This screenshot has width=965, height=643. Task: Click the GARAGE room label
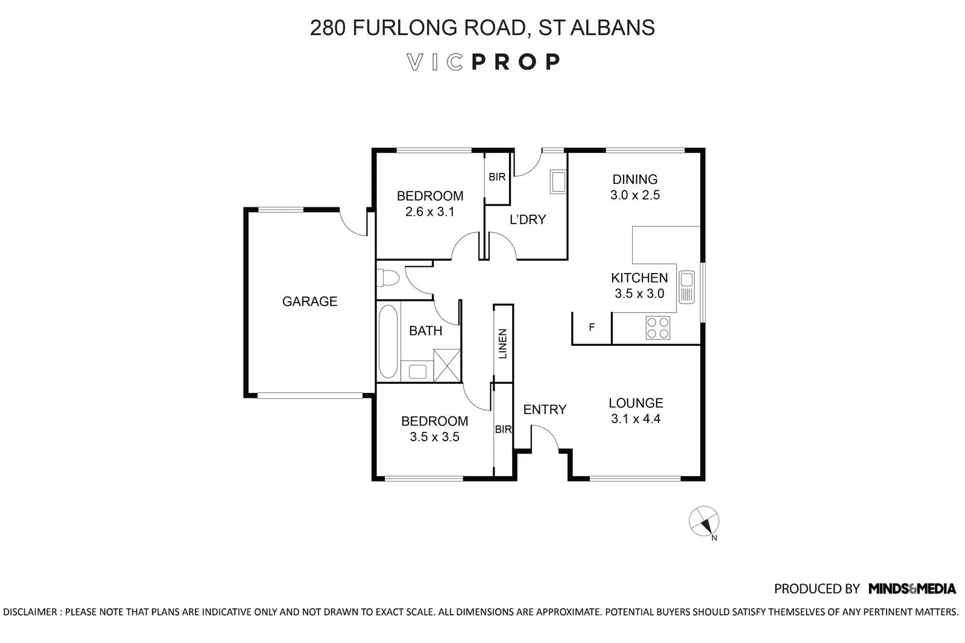coord(309,301)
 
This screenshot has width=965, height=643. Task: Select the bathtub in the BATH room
coord(388,342)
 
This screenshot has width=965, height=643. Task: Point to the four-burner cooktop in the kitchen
coord(657,327)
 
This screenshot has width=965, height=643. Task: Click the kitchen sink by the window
coord(686,287)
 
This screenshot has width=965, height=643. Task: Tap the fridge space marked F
coord(592,328)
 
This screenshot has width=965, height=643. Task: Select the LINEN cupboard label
coord(503,344)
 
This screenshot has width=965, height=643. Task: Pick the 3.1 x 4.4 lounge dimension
coord(636,419)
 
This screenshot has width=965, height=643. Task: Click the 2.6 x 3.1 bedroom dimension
coord(429,212)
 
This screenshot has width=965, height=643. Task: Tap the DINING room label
coord(634,179)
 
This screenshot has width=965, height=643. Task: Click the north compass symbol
coord(704,521)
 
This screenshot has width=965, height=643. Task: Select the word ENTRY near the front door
coord(545,410)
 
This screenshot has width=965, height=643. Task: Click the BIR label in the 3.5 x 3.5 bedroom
coord(503,430)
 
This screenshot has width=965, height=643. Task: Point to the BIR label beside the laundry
coord(497,177)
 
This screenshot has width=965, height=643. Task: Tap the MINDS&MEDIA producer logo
coord(912,589)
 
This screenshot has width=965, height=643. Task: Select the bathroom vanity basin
coord(417,371)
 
